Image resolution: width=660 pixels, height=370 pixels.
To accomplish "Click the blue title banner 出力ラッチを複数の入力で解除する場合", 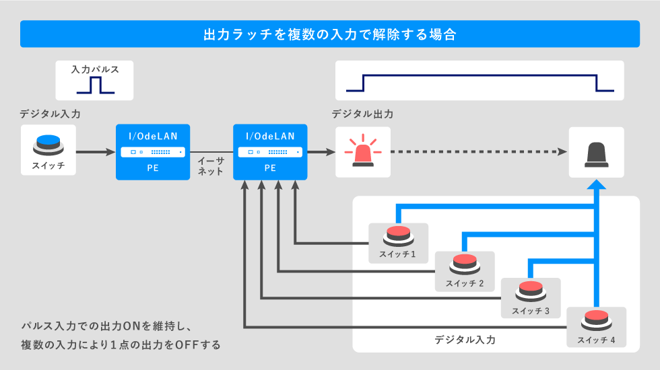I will click(330, 34).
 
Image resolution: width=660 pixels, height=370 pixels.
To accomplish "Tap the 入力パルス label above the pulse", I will click(95, 70).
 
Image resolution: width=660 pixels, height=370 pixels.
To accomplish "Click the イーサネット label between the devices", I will click(210, 166).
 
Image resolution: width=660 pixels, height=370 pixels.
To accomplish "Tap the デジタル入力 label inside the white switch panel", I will click(465, 340).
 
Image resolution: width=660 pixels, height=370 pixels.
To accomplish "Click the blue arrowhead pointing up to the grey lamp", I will click(596, 184).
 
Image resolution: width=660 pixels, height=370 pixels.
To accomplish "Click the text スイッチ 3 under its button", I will click(531, 311).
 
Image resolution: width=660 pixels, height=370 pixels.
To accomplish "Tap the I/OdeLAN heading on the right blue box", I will click(270, 136).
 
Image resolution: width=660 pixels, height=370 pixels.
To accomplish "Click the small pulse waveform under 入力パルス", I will click(95, 85).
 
